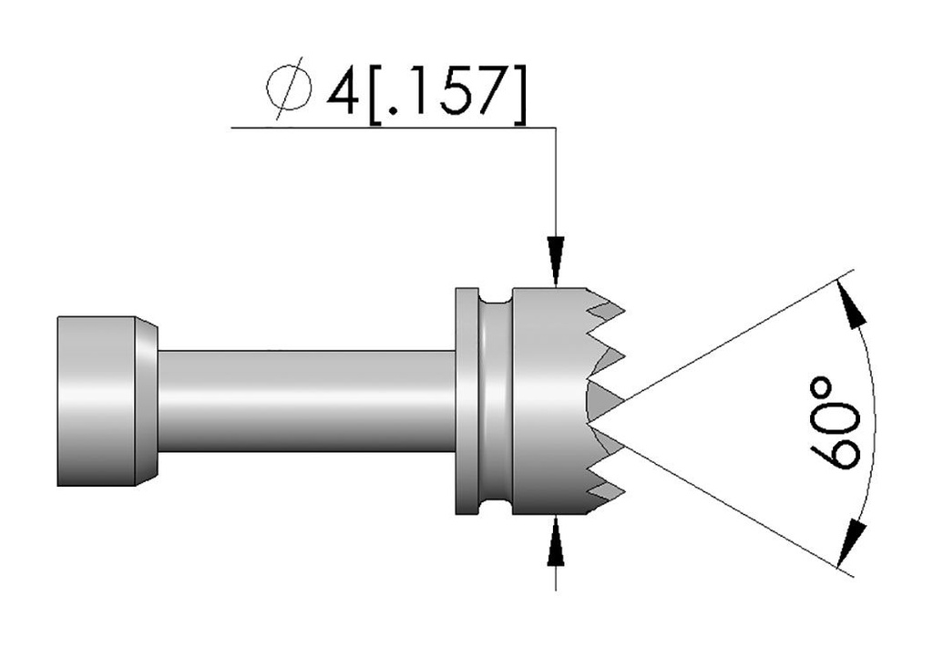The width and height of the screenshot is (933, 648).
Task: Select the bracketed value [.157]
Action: (x=446, y=91)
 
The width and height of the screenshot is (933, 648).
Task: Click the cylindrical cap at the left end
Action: (x=96, y=400)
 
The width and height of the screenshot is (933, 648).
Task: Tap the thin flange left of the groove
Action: (x=466, y=401)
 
